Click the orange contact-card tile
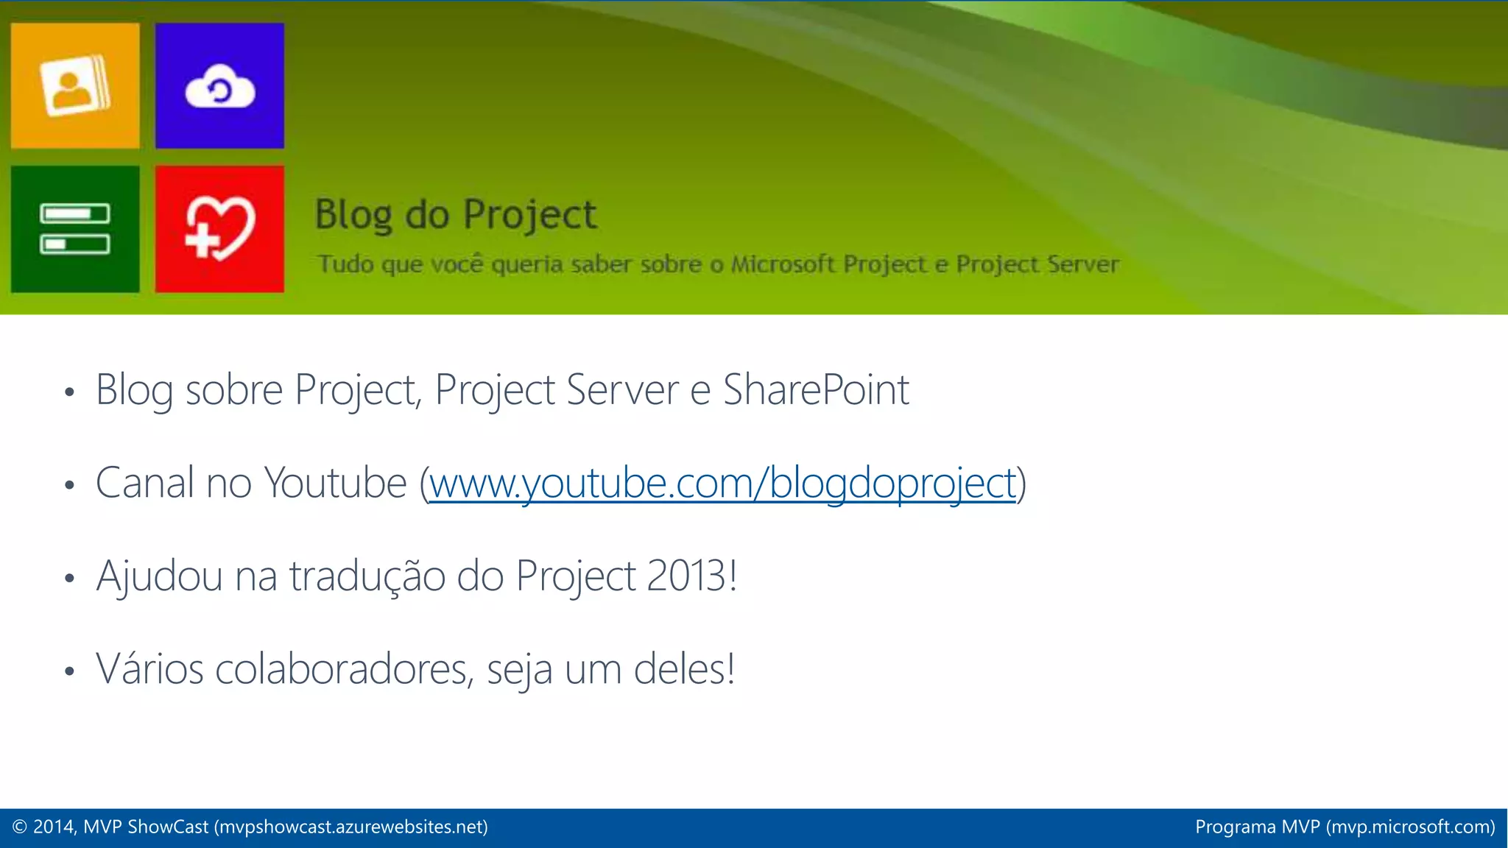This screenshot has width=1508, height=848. [x=75, y=85]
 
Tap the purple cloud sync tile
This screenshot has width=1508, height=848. [x=219, y=85]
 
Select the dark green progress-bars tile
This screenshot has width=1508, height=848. [x=75, y=229]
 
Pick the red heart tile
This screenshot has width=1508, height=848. [x=219, y=229]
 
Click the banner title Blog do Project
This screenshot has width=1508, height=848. [x=455, y=215]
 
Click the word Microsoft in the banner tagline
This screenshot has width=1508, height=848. [x=782, y=264]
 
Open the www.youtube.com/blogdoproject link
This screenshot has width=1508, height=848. [x=722, y=484]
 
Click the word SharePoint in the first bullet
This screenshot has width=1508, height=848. [x=816, y=389]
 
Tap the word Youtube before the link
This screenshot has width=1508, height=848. [x=335, y=484]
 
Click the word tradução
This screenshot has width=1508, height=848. [x=367, y=576]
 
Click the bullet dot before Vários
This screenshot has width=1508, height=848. [x=69, y=671]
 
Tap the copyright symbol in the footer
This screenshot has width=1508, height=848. [x=20, y=827]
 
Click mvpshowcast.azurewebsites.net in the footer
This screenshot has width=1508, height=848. [x=351, y=827]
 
